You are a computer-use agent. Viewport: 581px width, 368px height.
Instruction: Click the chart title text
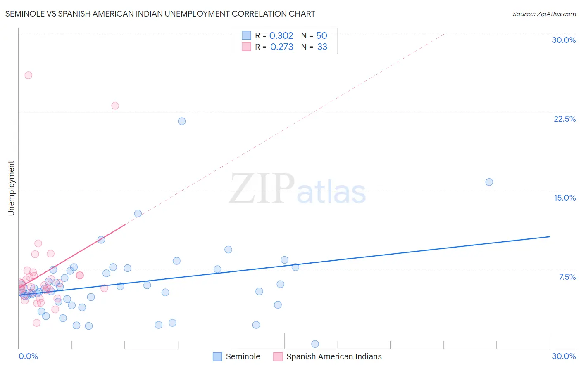pos(160,14)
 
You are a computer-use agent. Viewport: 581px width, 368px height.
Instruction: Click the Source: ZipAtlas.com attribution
pos(544,14)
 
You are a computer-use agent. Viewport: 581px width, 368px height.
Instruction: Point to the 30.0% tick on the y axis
pos(564,40)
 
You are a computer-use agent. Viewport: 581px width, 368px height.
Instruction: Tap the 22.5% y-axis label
pos(564,119)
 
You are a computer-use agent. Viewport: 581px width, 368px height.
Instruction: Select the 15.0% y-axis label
pos(564,198)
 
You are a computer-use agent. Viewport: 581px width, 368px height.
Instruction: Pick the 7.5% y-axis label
pos(567,277)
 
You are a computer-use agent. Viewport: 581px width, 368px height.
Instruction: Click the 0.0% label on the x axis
pos(28,356)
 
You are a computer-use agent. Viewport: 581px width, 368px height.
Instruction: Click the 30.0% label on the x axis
pos(564,356)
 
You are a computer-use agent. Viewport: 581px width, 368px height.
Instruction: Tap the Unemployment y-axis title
pos(11,188)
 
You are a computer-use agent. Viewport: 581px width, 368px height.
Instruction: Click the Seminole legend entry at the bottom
pos(243,356)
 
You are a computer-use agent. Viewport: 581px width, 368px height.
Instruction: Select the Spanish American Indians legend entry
pos(333,356)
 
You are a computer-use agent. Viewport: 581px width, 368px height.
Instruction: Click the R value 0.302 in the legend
pos(281,36)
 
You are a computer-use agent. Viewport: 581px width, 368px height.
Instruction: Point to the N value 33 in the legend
pos(322,47)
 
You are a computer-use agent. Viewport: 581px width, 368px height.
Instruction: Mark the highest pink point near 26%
pos(28,75)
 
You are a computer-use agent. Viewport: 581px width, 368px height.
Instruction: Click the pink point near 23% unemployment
pos(115,106)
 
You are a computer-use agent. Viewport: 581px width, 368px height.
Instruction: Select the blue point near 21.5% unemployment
pos(181,121)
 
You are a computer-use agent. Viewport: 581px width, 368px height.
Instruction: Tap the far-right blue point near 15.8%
pos(489,182)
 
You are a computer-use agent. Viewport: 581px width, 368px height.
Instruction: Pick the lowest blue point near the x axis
pos(315,344)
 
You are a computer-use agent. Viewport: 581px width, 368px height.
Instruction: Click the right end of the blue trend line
pos(550,236)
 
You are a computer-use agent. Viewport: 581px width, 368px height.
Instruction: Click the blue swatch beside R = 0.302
pos(246,35)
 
